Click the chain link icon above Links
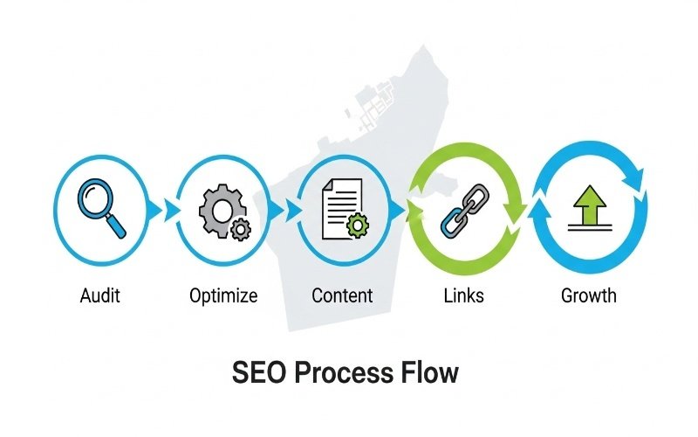click(463, 209)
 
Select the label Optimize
click(223, 295)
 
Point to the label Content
click(342, 295)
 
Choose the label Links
click(463, 295)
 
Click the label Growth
click(588, 295)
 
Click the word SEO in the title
click(258, 373)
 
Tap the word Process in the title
click(344, 373)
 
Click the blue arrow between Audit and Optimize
click(156, 210)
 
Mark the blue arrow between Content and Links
click(399, 210)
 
